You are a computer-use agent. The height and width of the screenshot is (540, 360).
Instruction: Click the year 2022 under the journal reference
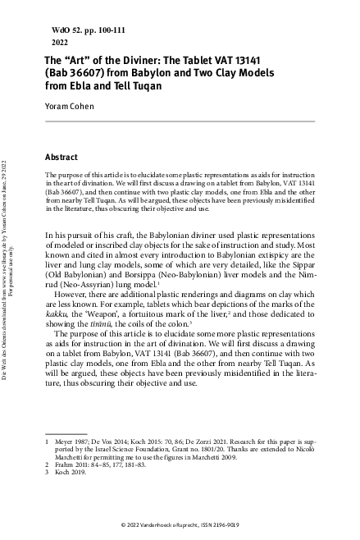click(60, 39)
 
